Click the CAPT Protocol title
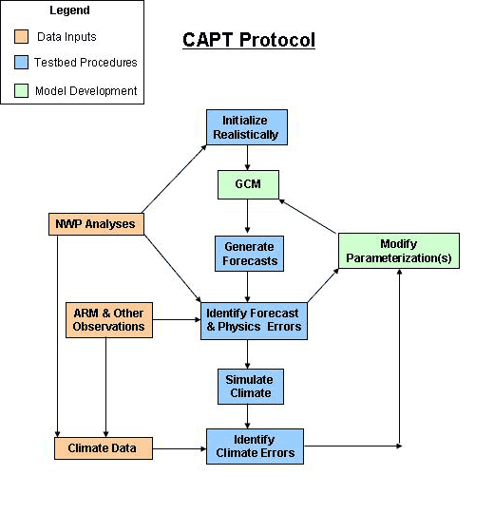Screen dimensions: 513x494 click(x=248, y=40)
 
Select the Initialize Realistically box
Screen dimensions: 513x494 click(x=247, y=127)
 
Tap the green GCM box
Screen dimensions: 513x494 click(x=247, y=183)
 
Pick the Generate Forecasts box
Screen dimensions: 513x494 click(x=247, y=253)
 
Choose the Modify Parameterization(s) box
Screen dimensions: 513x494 click(x=398, y=251)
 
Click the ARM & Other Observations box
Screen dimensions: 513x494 click(x=108, y=320)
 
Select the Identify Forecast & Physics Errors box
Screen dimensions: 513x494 click(x=252, y=320)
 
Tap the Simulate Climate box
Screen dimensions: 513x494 click(x=247, y=386)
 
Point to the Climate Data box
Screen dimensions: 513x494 click(x=102, y=446)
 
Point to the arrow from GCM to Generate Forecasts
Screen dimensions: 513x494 click(x=247, y=217)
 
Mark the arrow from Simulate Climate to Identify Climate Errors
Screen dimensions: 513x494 click(x=247, y=416)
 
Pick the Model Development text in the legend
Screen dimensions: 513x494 click(x=85, y=91)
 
